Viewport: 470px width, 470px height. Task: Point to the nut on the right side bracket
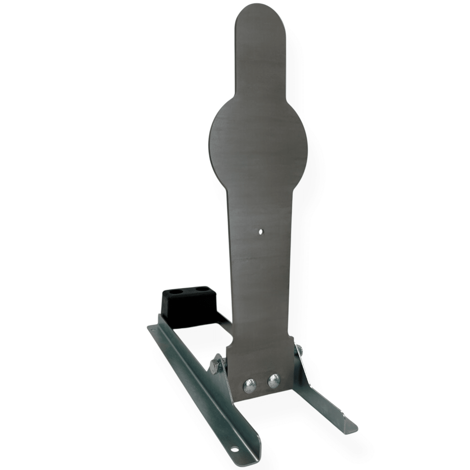[298, 349]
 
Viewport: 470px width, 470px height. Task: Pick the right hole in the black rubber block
[201, 289]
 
